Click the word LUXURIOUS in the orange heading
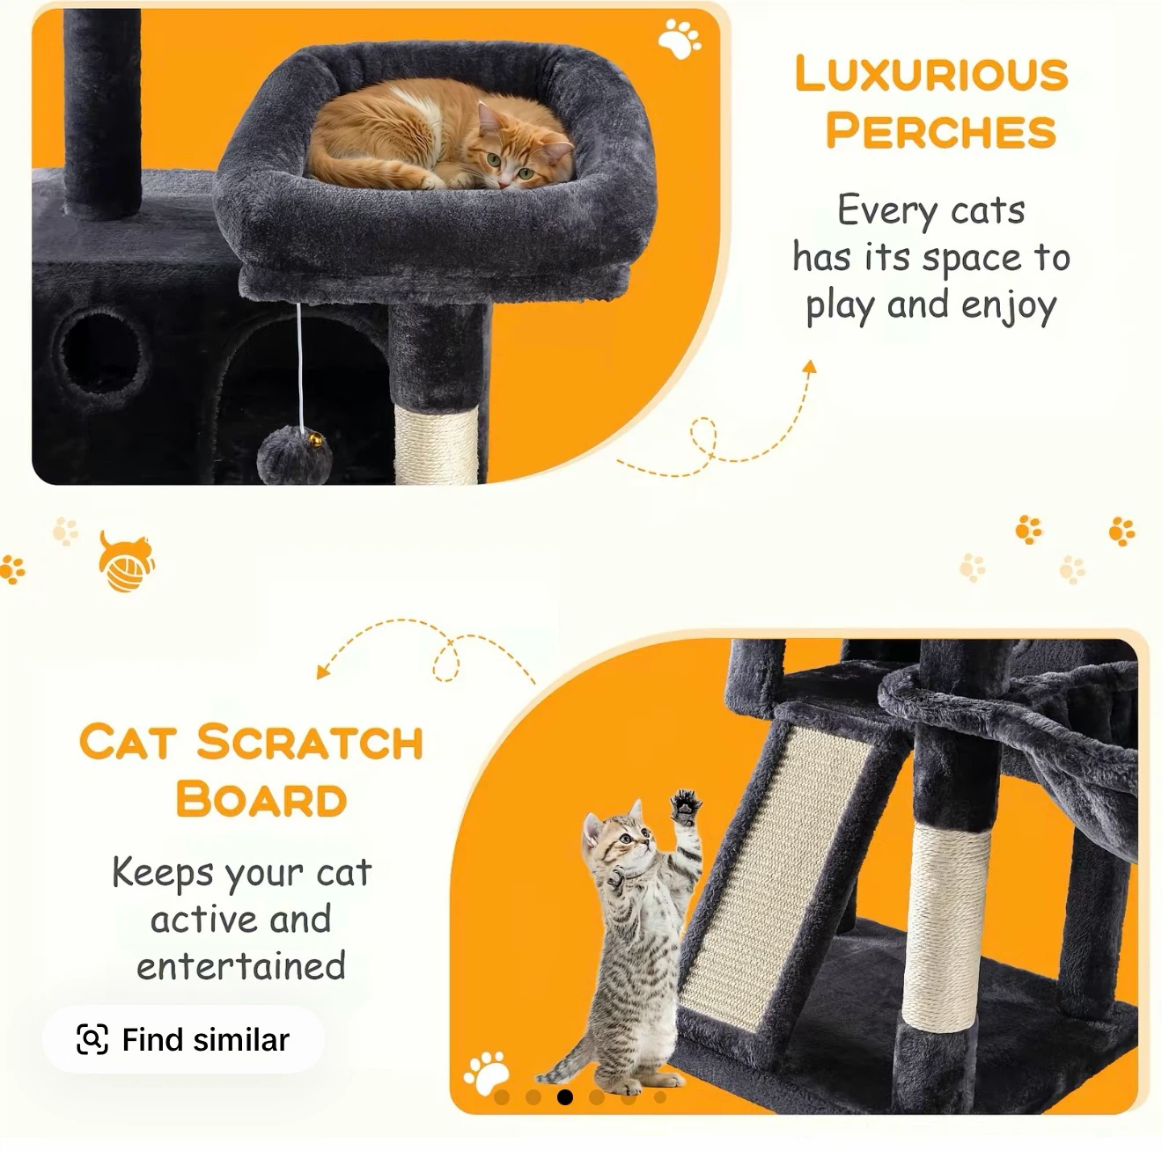(931, 74)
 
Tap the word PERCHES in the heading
(941, 130)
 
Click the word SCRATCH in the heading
(309, 742)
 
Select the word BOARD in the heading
(261, 799)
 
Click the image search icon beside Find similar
(92, 1039)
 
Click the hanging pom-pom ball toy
(295, 455)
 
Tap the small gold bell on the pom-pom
(315, 441)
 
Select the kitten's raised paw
(687, 807)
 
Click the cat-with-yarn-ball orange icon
(126, 562)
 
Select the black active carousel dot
(565, 1097)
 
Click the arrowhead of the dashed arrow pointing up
(810, 367)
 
